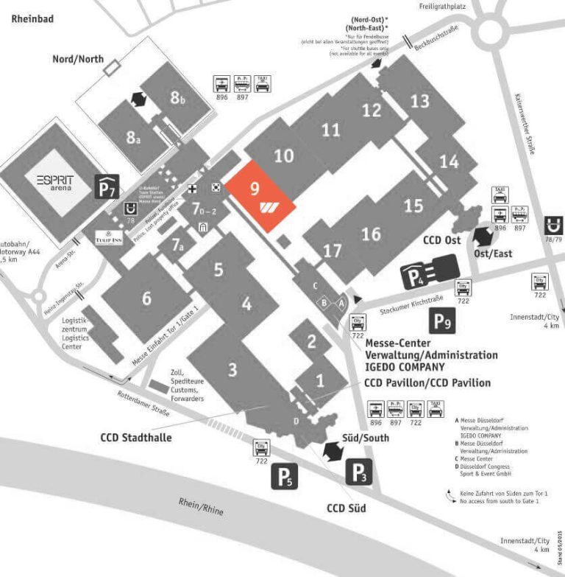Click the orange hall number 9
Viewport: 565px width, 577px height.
click(255, 188)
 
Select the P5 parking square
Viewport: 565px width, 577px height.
click(285, 476)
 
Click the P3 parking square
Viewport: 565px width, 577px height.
click(358, 472)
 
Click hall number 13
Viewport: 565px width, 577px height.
click(419, 100)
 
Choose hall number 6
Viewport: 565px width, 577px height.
click(146, 298)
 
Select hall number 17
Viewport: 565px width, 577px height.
click(333, 251)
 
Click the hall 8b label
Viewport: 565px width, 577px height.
click(178, 97)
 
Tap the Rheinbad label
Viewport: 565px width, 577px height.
click(31, 20)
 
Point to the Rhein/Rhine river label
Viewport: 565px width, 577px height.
click(201, 506)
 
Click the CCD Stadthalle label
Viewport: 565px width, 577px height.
click(136, 438)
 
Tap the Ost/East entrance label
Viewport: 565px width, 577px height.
click(493, 253)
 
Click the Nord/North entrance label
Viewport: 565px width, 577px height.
click(78, 58)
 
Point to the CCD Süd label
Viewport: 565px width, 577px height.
click(346, 508)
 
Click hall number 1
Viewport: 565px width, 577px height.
click(320, 381)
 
